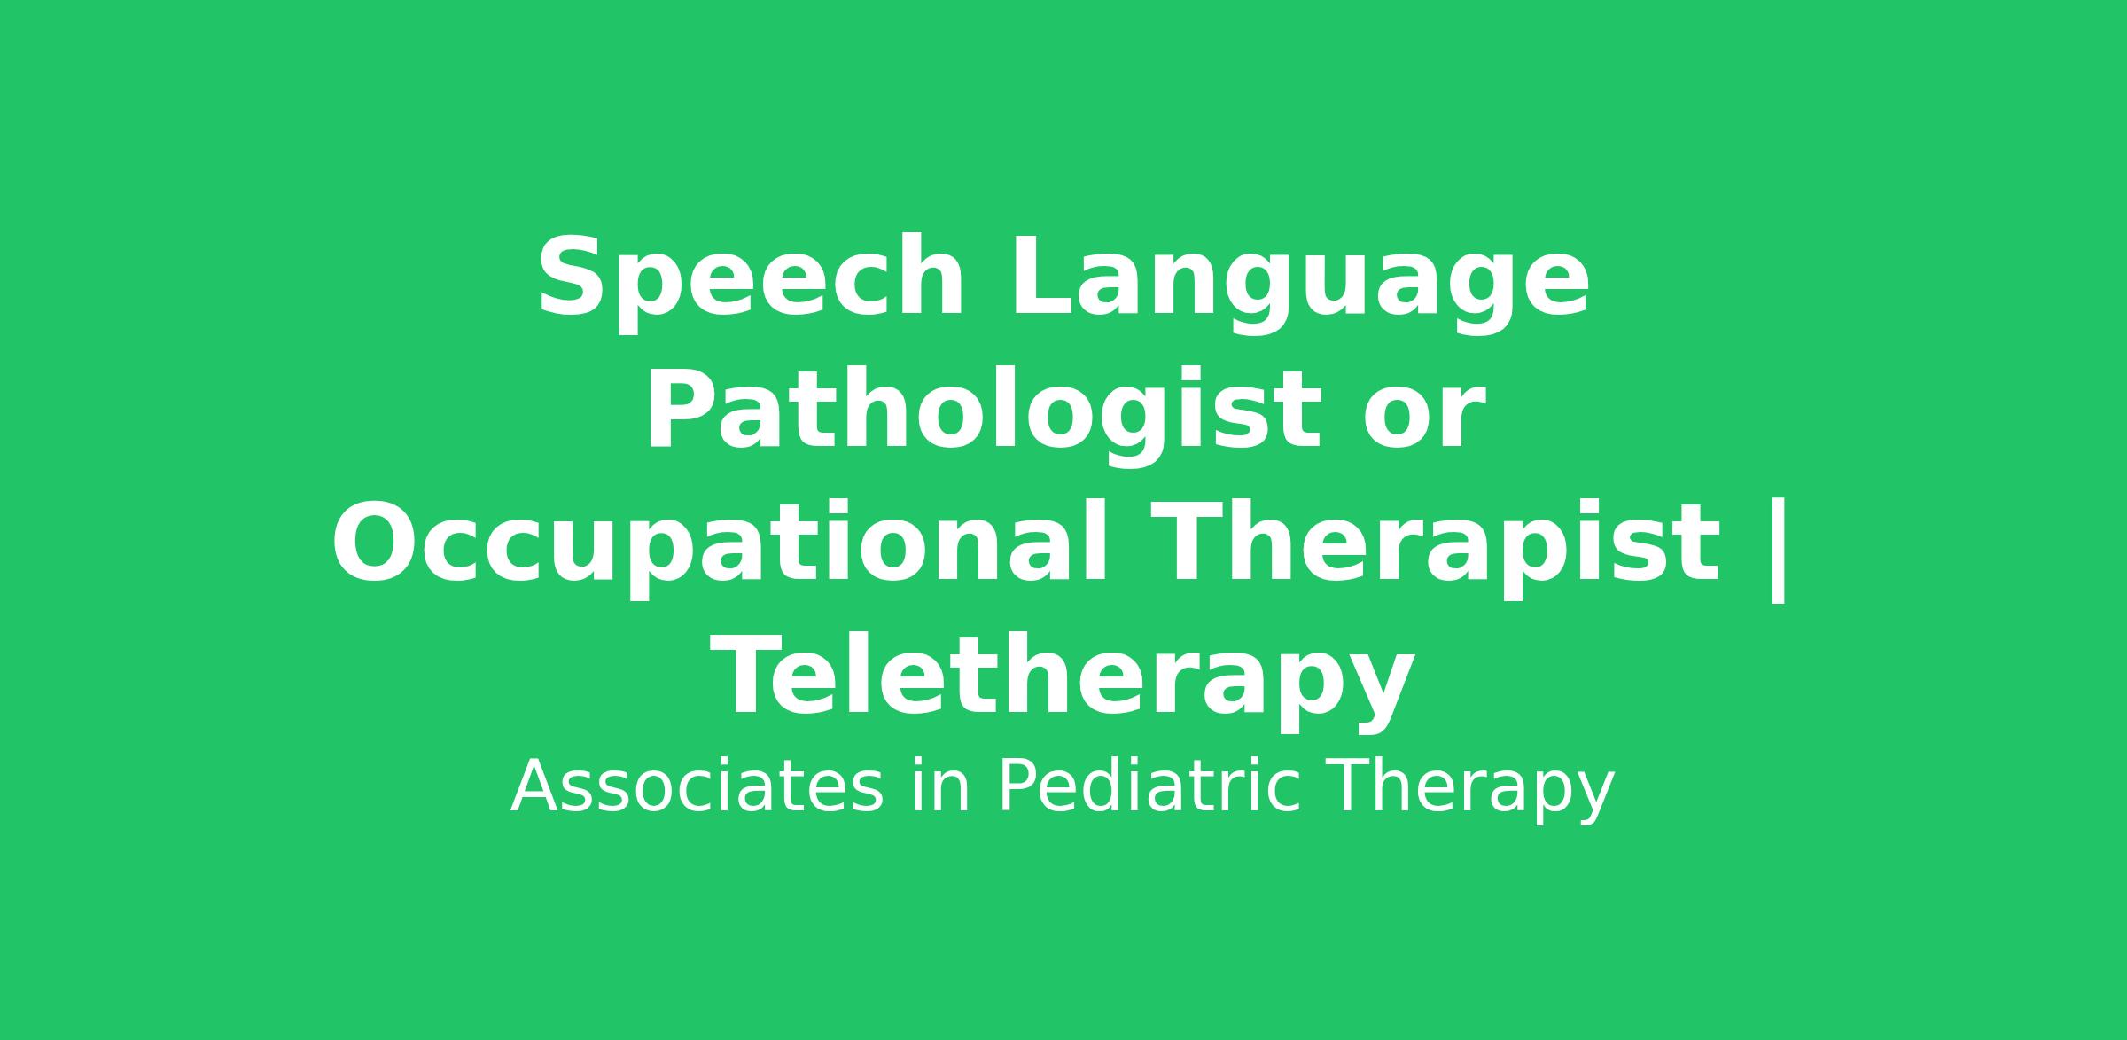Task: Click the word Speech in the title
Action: click(x=750, y=278)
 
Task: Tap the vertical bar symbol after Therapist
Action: click(x=1777, y=551)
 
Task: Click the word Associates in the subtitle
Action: click(x=697, y=787)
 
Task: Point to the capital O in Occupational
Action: click(x=373, y=543)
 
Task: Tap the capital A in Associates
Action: click(x=536, y=786)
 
